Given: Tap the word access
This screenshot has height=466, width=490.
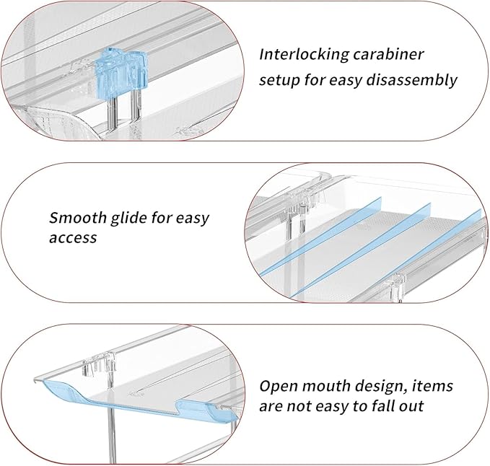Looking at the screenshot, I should (x=73, y=237).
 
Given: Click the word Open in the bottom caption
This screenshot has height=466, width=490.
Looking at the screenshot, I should (x=279, y=386).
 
